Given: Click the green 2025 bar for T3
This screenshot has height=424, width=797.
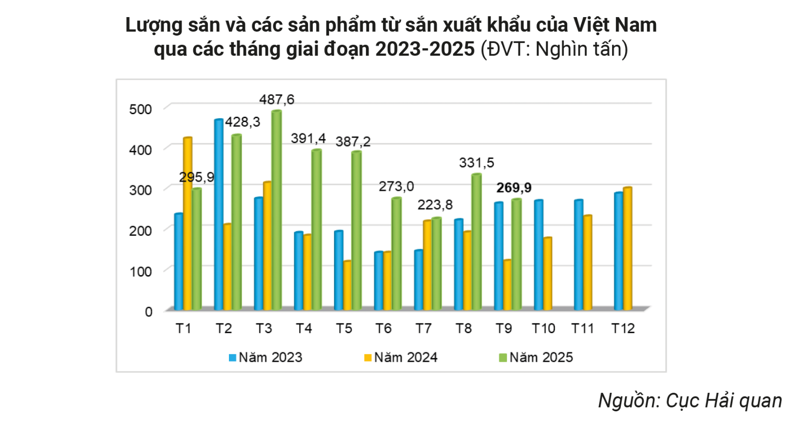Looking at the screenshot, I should click(276, 210).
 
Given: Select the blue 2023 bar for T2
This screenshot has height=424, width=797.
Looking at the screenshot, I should click(219, 215).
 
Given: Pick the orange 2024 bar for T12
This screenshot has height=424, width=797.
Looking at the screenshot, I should click(627, 249).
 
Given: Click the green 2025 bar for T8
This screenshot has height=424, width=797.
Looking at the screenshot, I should click(476, 242).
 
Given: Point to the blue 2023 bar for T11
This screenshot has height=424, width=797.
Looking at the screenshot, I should click(578, 255).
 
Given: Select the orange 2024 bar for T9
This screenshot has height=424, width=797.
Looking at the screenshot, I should click(508, 285).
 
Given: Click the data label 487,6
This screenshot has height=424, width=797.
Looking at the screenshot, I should click(277, 100).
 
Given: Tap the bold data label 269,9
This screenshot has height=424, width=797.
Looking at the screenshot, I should click(514, 188).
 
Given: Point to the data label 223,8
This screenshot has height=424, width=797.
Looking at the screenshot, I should click(435, 205).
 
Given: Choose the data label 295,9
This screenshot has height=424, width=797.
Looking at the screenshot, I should click(196, 177).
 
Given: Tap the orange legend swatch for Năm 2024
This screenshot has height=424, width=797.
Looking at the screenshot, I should click(368, 358).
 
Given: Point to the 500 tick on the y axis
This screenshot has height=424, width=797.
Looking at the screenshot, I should click(141, 109).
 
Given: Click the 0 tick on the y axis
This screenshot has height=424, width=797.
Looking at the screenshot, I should click(148, 312).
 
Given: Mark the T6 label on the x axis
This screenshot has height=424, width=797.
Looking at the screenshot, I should click(383, 329).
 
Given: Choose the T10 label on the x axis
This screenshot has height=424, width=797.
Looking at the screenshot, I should click(543, 329).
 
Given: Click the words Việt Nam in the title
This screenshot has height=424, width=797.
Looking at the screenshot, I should click(615, 25).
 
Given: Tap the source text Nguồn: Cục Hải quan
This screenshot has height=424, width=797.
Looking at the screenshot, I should click(690, 401).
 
